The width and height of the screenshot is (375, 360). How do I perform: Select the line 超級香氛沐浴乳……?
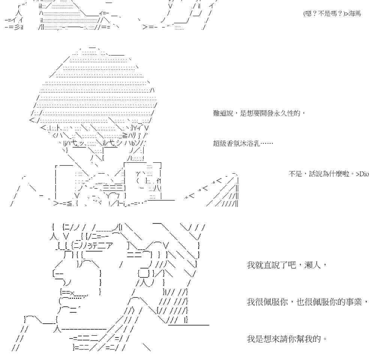click(x=243, y=143)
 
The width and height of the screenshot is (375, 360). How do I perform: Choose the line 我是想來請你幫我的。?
click(x=287, y=339)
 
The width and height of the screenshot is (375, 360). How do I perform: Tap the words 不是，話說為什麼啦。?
click(x=321, y=174)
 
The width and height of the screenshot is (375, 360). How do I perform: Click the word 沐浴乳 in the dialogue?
click(x=255, y=143)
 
